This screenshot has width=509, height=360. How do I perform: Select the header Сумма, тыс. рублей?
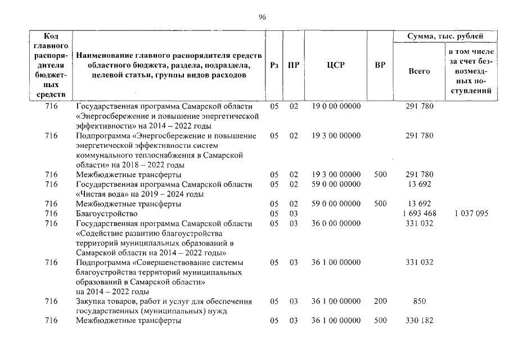(444, 37)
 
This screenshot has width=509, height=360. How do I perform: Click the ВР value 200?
(380, 301)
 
